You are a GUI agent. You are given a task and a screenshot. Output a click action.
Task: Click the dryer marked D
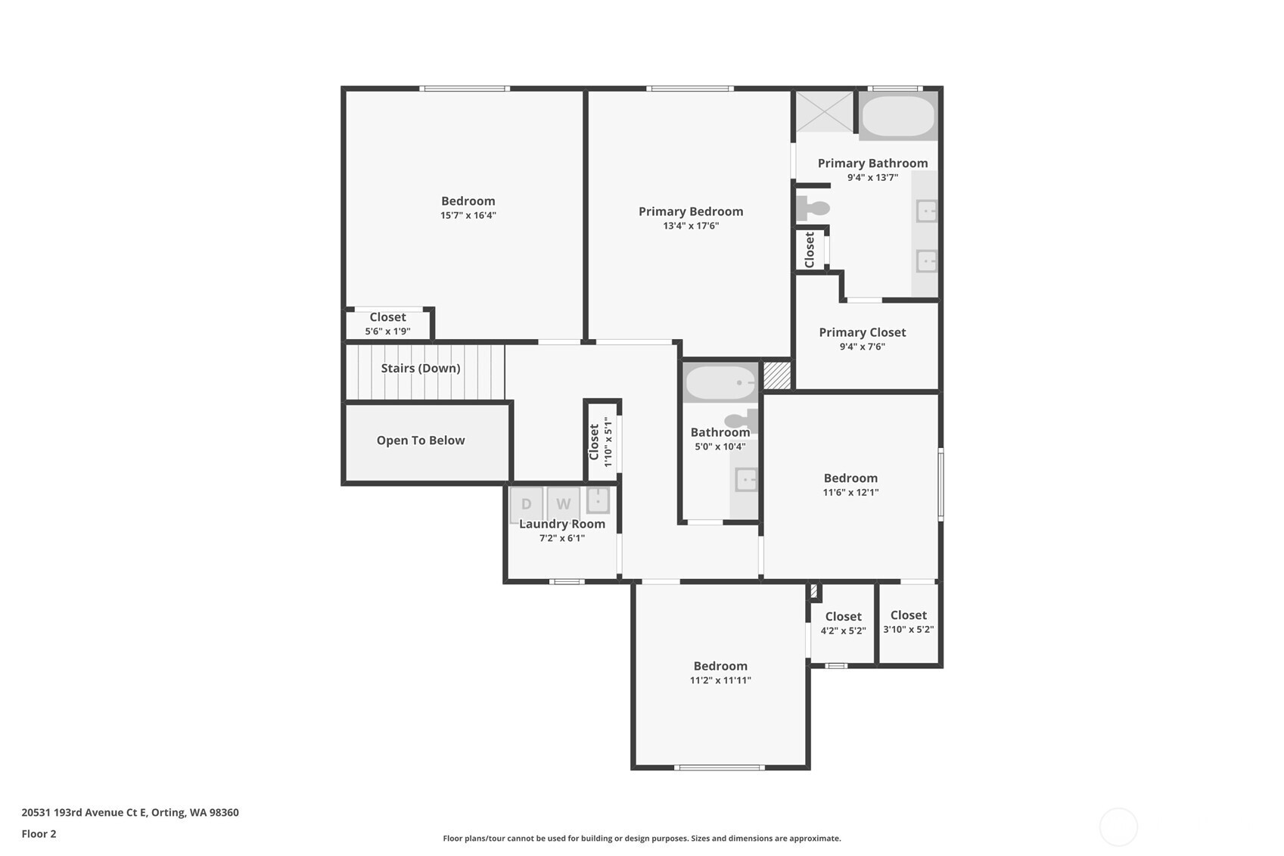click(526, 504)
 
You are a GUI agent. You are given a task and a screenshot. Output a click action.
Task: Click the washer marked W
click(564, 504)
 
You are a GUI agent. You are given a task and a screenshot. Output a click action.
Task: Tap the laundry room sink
click(598, 500)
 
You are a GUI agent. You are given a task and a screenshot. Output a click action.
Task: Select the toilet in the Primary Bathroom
click(813, 208)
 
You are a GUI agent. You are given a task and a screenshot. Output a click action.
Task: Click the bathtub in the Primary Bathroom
click(898, 116)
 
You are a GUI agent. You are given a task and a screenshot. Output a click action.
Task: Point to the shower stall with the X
click(825, 111)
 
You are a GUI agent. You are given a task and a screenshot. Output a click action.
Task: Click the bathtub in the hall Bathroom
click(720, 382)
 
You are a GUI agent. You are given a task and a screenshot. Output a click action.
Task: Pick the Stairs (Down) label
click(421, 368)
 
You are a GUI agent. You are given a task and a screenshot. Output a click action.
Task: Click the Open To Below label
click(421, 440)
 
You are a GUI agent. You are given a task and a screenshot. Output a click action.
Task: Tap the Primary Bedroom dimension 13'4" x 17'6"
click(691, 226)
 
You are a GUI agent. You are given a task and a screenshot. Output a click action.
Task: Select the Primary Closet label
click(862, 332)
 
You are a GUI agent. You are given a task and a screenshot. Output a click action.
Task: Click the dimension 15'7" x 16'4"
click(468, 216)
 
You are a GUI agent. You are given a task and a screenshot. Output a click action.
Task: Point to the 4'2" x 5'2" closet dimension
click(843, 630)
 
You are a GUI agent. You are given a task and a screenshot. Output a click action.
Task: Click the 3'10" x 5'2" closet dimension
click(909, 630)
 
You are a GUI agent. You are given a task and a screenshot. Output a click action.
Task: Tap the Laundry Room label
click(562, 524)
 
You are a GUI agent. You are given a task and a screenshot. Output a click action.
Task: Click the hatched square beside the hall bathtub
click(777, 375)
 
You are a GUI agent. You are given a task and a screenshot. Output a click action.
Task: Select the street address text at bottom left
click(130, 812)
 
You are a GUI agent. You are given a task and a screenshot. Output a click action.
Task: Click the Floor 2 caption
click(39, 834)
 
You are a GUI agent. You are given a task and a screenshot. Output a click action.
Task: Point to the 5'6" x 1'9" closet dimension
click(387, 332)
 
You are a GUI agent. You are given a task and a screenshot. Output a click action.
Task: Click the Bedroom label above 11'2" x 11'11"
click(720, 666)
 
